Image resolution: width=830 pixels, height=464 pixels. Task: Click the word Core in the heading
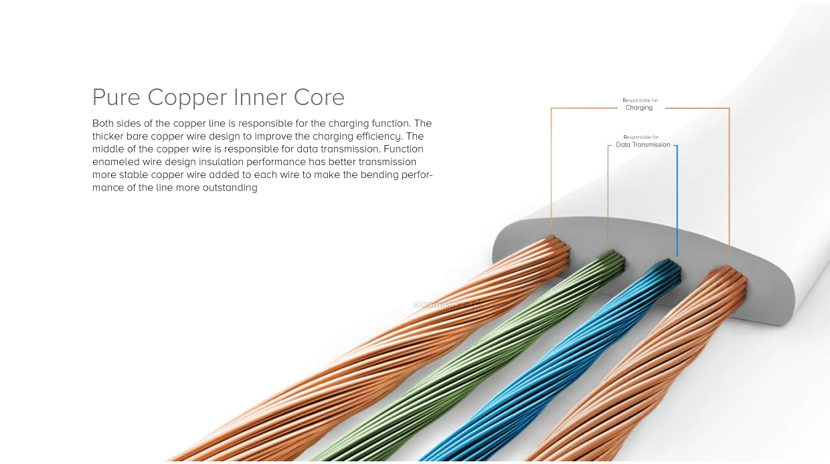(319, 98)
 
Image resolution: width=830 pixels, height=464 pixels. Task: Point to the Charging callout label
(639, 108)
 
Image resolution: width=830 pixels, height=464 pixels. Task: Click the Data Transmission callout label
(643, 144)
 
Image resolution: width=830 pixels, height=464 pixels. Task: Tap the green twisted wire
(469, 374)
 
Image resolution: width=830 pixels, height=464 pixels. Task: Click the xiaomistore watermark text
(447, 304)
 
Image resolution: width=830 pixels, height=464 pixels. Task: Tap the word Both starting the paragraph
(104, 124)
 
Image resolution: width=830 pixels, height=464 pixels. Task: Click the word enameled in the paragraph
(116, 162)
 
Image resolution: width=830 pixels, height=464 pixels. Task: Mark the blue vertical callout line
(677, 201)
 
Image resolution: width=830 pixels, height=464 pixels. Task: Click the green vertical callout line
(608, 194)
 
